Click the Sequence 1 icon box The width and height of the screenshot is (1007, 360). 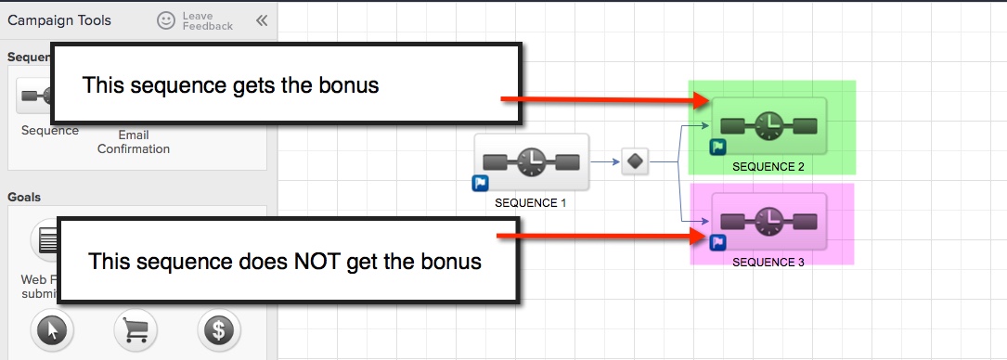tap(532, 162)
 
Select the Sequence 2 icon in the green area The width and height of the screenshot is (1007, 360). tap(768, 126)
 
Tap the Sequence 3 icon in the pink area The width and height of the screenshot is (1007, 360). tap(768, 221)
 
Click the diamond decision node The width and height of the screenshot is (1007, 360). tap(635, 161)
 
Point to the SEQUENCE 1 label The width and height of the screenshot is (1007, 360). tap(530, 202)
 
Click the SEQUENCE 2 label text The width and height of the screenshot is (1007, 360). tap(768, 167)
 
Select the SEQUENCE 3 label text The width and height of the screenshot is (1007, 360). tap(768, 262)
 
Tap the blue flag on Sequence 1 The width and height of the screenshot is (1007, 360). tap(481, 184)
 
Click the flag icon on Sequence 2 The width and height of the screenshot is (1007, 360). tap(718, 148)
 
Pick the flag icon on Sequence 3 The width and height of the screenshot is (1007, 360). tap(717, 243)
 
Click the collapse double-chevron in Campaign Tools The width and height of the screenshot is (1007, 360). tap(261, 20)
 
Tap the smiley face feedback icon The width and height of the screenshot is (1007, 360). tap(165, 19)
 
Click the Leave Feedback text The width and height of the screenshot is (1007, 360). tap(208, 20)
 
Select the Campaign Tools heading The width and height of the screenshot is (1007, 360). tap(59, 20)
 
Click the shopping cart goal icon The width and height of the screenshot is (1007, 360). tap(135, 329)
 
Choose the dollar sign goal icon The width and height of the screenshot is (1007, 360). tap(219, 329)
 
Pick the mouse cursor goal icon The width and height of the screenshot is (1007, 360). tap(52, 329)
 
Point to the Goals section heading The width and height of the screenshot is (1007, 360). tap(25, 197)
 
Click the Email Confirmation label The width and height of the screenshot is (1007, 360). tap(134, 142)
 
